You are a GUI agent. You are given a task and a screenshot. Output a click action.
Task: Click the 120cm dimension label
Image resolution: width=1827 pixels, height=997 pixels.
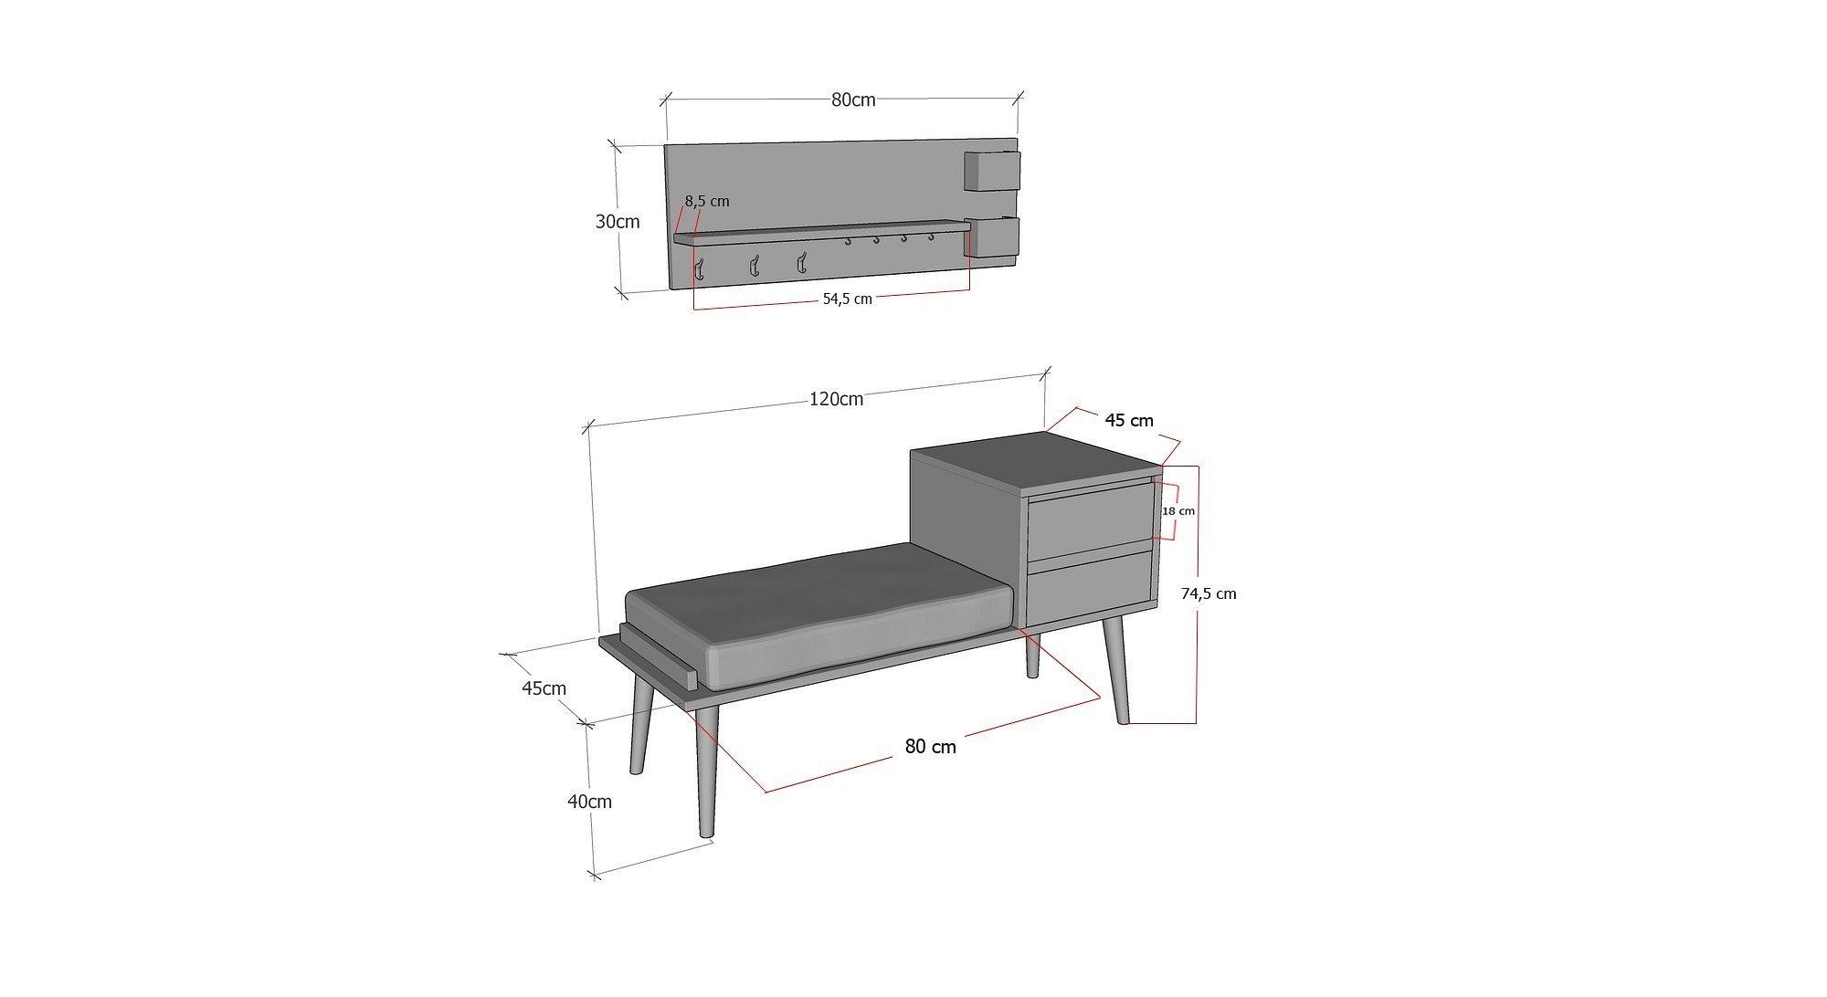pyautogui.click(x=835, y=399)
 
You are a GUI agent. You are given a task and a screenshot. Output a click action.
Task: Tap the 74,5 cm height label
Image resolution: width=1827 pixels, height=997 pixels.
pyautogui.click(x=1208, y=593)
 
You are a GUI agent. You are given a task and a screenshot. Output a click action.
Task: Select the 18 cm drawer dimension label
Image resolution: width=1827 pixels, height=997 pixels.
pyautogui.click(x=1178, y=511)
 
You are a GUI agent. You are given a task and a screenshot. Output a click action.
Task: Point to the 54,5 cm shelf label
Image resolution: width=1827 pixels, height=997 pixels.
pyautogui.click(x=847, y=299)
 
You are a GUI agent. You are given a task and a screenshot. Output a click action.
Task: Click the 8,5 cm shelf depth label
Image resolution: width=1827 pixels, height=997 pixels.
pyautogui.click(x=707, y=201)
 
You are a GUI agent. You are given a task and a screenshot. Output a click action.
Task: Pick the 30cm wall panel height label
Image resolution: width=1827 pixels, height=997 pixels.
pyautogui.click(x=618, y=221)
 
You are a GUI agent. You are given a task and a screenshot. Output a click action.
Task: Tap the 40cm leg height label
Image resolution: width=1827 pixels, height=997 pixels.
pyautogui.click(x=589, y=802)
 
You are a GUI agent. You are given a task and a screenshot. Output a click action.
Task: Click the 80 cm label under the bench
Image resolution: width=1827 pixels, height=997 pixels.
pyautogui.click(x=930, y=747)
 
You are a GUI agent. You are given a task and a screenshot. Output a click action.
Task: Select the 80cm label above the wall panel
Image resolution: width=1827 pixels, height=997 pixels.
pyautogui.click(x=853, y=100)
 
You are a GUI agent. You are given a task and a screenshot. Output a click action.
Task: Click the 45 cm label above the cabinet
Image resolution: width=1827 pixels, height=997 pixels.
pyautogui.click(x=1129, y=420)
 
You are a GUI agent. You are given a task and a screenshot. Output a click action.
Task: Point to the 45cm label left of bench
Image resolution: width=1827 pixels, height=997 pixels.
pyautogui.click(x=544, y=688)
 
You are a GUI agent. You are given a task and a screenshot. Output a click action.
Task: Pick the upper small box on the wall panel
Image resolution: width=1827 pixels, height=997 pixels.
pyautogui.click(x=990, y=172)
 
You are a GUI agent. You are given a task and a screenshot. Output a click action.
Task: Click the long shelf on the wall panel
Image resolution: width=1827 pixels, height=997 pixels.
pyautogui.click(x=822, y=231)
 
